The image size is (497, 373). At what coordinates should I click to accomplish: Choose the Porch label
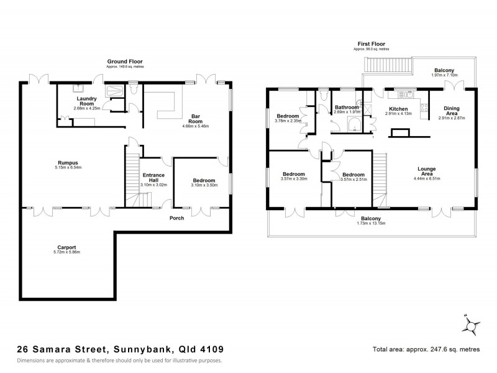point(176,218)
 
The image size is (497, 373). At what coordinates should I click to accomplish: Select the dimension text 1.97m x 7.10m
point(445,75)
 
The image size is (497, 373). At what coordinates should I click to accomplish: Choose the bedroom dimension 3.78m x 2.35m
point(288,121)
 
